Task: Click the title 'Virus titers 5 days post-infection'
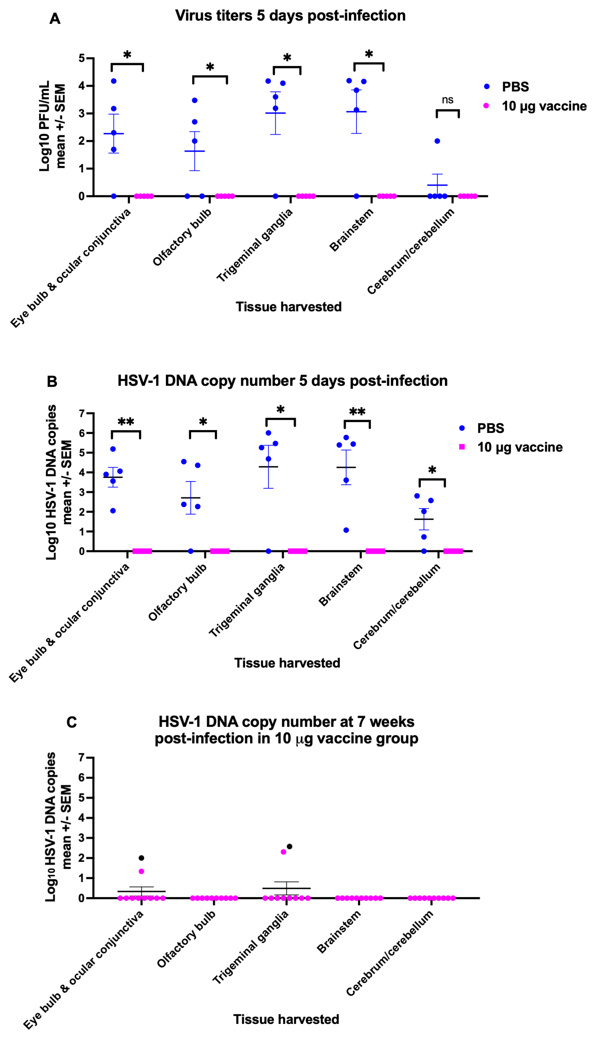click(x=290, y=16)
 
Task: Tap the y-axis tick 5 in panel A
click(x=81, y=58)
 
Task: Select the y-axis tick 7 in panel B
click(x=81, y=413)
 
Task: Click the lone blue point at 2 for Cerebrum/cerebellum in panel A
click(x=437, y=141)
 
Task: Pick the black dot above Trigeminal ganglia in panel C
click(x=289, y=846)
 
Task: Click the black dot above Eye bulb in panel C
click(x=141, y=858)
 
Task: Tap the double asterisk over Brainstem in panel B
click(x=357, y=412)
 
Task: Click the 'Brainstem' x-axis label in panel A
click(x=352, y=230)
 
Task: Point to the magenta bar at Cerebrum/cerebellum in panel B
click(x=453, y=551)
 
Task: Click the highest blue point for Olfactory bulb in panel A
click(x=195, y=100)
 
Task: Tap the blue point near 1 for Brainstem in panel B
click(x=346, y=530)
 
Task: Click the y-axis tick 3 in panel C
click(x=81, y=838)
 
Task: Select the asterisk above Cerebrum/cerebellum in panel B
click(x=432, y=470)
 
